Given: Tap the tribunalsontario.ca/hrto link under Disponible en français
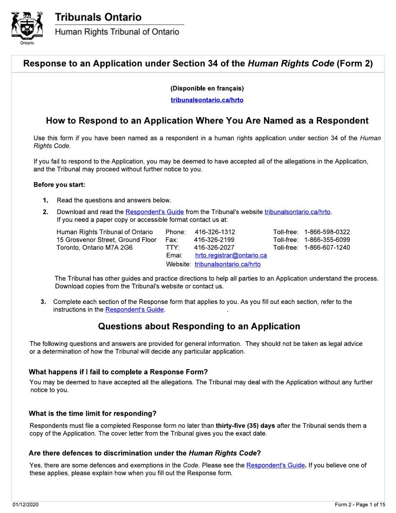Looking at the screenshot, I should (x=207, y=100).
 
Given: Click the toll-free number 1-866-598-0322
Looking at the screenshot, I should (x=327, y=231).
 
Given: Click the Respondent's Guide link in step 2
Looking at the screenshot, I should (x=155, y=212).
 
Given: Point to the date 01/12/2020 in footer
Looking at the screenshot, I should (x=25, y=505).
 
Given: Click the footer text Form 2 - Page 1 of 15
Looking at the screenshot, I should (x=360, y=505).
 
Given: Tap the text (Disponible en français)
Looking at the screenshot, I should (x=207, y=88).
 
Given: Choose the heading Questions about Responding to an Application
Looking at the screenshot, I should (x=199, y=326).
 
